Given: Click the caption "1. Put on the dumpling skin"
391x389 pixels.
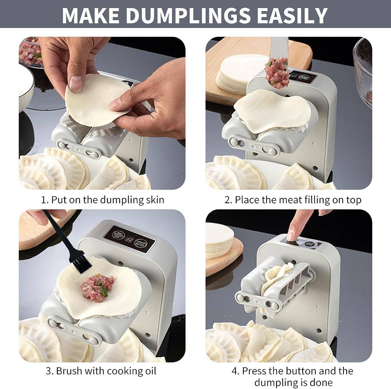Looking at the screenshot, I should coord(103,200).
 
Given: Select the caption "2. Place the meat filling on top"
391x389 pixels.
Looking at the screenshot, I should coord(293,200).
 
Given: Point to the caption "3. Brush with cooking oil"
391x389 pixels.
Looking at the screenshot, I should coord(101,371).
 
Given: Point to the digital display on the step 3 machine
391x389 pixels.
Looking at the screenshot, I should coord(131,240).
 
